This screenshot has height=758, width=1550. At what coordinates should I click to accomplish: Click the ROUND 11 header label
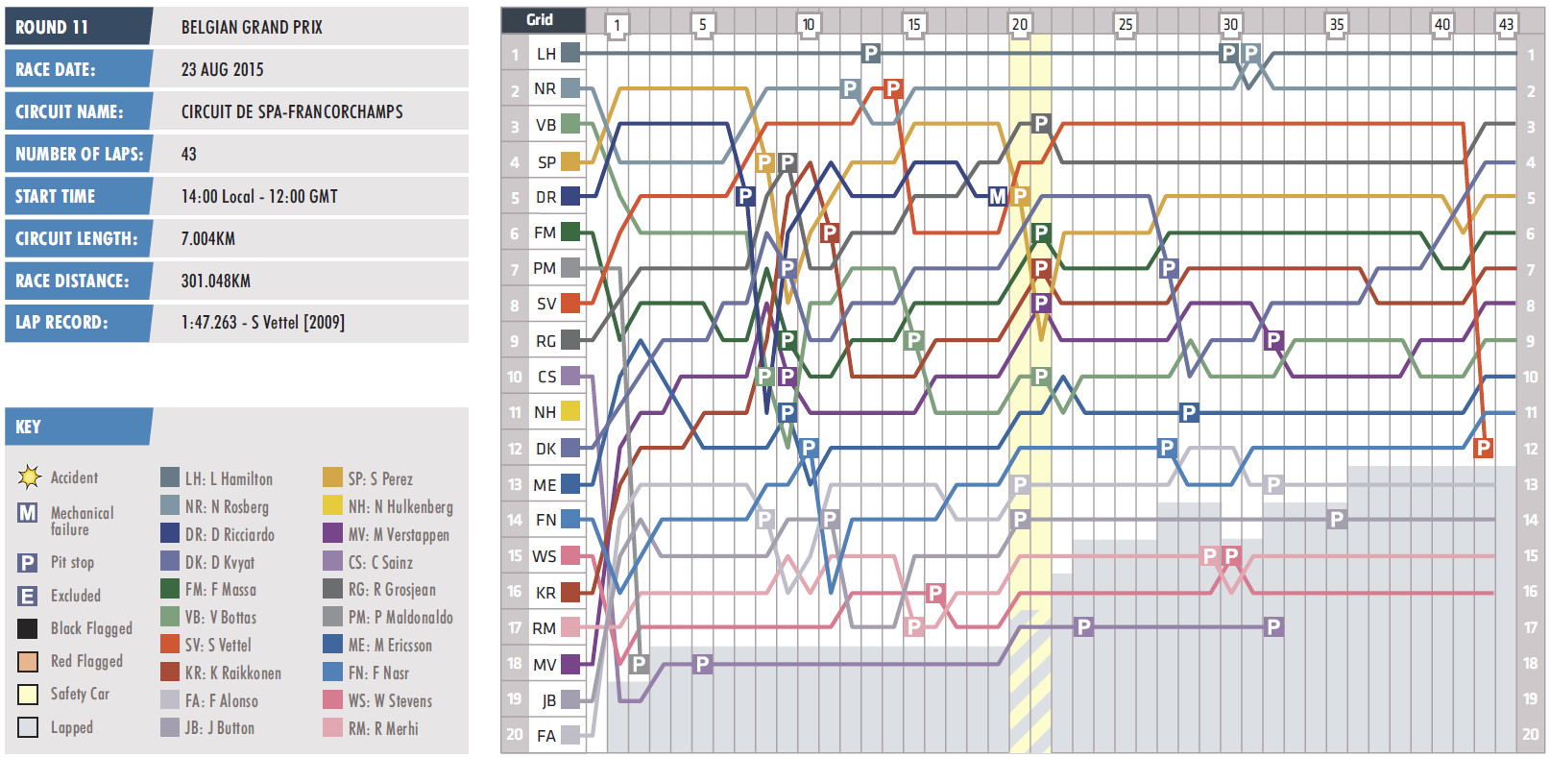point(52,27)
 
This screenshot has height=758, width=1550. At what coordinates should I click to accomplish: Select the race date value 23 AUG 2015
point(222,69)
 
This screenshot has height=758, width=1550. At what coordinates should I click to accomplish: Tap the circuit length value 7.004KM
point(207,238)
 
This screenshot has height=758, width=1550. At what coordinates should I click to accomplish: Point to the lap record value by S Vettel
point(262,323)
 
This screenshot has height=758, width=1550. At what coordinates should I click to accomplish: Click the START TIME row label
point(55,196)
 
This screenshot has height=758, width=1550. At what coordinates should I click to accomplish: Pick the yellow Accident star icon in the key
point(29,477)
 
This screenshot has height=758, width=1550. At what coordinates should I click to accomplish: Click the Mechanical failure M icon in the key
point(28,513)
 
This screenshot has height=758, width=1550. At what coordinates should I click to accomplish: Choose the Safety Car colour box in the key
point(28,694)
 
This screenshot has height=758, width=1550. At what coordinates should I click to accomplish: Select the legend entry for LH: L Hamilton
point(217,478)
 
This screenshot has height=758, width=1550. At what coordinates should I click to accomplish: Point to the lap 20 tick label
point(1019,24)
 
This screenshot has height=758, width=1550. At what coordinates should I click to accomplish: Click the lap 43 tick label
point(1505,24)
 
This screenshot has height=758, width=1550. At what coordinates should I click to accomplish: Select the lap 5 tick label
point(702,24)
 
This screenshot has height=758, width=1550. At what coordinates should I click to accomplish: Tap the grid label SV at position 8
point(545,304)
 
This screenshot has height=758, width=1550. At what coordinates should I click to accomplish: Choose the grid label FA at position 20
point(545,736)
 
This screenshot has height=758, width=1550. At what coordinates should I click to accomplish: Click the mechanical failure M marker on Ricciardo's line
point(998,196)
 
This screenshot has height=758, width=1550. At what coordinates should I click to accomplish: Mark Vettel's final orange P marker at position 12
point(1483,448)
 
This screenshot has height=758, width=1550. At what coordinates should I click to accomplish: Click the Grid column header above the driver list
point(540,19)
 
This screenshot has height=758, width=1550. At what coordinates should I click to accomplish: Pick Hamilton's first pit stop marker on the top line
point(870,54)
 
